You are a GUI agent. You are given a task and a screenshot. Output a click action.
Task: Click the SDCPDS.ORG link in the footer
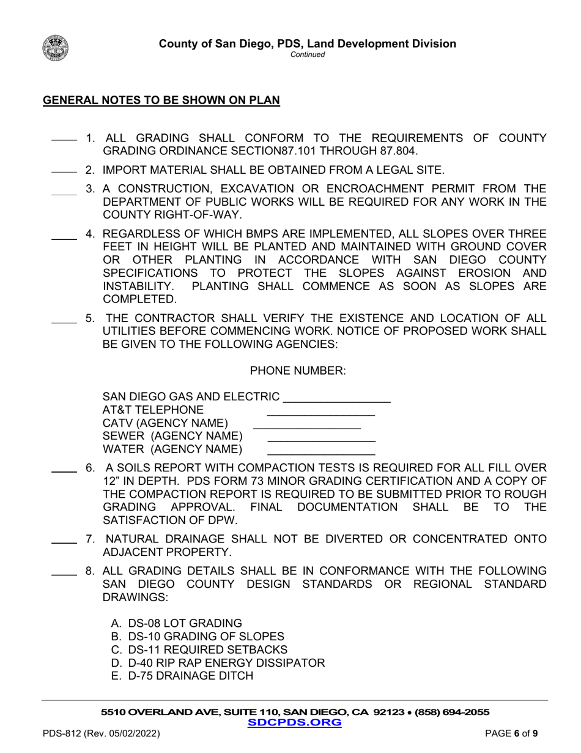pos(294,722)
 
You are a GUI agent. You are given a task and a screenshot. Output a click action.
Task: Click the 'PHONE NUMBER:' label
pos(298,370)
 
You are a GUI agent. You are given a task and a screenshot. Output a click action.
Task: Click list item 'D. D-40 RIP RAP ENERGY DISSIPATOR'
pos(218,662)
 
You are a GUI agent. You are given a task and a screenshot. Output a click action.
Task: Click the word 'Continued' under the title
pos(307,54)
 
